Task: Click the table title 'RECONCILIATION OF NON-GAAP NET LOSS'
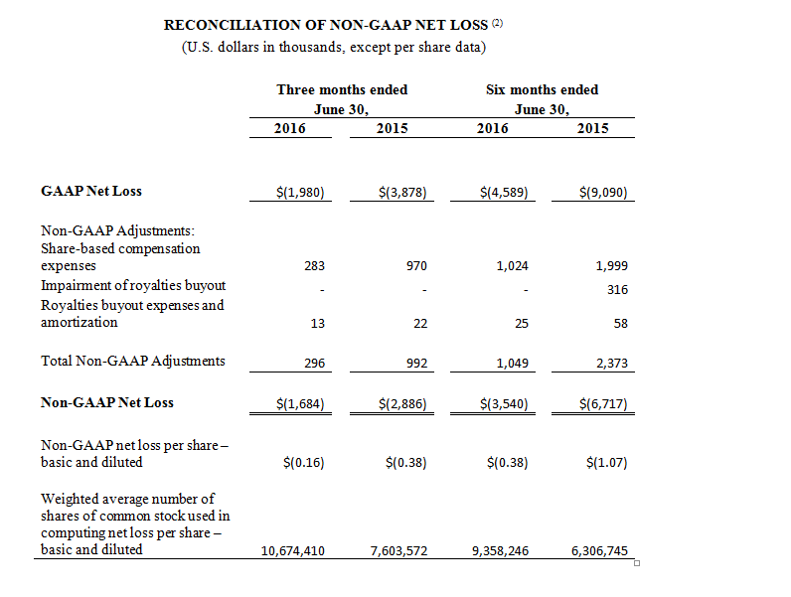326,25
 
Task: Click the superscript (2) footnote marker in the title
498,23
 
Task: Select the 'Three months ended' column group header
342,89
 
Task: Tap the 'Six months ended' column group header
543,89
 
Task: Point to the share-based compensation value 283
314,266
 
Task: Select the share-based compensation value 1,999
612,266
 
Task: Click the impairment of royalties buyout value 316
617,289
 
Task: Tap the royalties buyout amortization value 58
620,323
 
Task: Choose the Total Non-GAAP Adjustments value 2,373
612,363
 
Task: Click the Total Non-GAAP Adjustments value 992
416,363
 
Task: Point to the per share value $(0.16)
304,462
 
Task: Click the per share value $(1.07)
607,462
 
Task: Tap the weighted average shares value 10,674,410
292,550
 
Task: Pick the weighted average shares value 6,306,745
599,550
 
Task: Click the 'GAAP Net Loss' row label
91,191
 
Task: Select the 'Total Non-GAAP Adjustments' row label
133,361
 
